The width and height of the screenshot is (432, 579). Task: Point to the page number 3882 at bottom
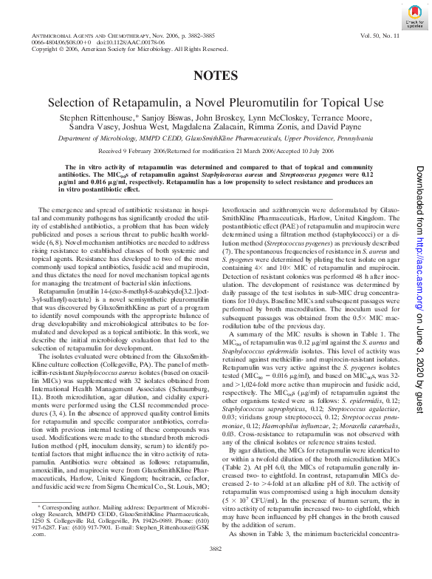(216, 569)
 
